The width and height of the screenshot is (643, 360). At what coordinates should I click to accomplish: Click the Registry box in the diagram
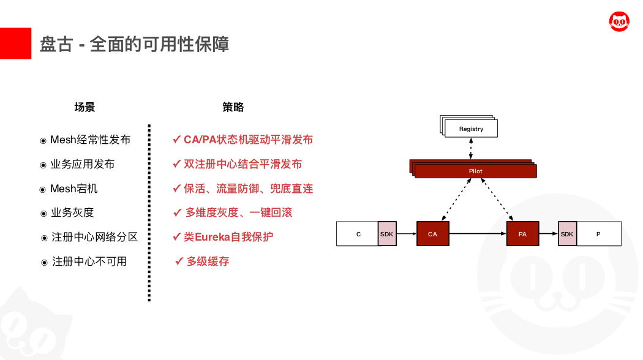pos(471,129)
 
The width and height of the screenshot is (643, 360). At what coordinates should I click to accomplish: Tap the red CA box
pos(432,234)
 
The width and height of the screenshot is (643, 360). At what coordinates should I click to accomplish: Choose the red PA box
pos(522,234)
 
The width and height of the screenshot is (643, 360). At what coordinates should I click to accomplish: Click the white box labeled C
pos(357,234)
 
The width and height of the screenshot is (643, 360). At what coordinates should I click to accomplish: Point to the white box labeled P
pos(599,234)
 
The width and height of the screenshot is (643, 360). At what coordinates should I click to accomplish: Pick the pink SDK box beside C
pos(387,234)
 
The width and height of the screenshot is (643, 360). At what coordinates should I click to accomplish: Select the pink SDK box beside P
pos(568,234)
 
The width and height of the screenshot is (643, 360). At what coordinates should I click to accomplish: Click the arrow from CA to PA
pos(478,234)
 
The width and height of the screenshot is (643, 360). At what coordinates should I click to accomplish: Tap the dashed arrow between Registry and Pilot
pos(471,148)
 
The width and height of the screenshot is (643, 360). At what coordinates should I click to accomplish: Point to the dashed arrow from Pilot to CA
pos(456,200)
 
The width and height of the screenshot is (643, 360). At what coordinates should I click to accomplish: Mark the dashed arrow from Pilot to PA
pos(497,200)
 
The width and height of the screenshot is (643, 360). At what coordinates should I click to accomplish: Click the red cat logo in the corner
pos(619,21)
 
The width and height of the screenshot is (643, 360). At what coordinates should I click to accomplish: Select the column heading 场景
pos(85,107)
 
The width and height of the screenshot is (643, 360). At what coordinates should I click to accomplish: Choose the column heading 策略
pos(233,107)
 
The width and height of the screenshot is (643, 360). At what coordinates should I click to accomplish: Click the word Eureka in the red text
pos(212,237)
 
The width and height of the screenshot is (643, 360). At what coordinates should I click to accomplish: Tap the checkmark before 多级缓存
pos(179,261)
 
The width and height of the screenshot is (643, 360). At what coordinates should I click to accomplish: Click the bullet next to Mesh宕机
pos(42,190)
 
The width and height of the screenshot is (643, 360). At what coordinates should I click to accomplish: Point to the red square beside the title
pos(15,43)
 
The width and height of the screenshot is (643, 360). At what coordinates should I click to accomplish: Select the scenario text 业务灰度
pos(72,213)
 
